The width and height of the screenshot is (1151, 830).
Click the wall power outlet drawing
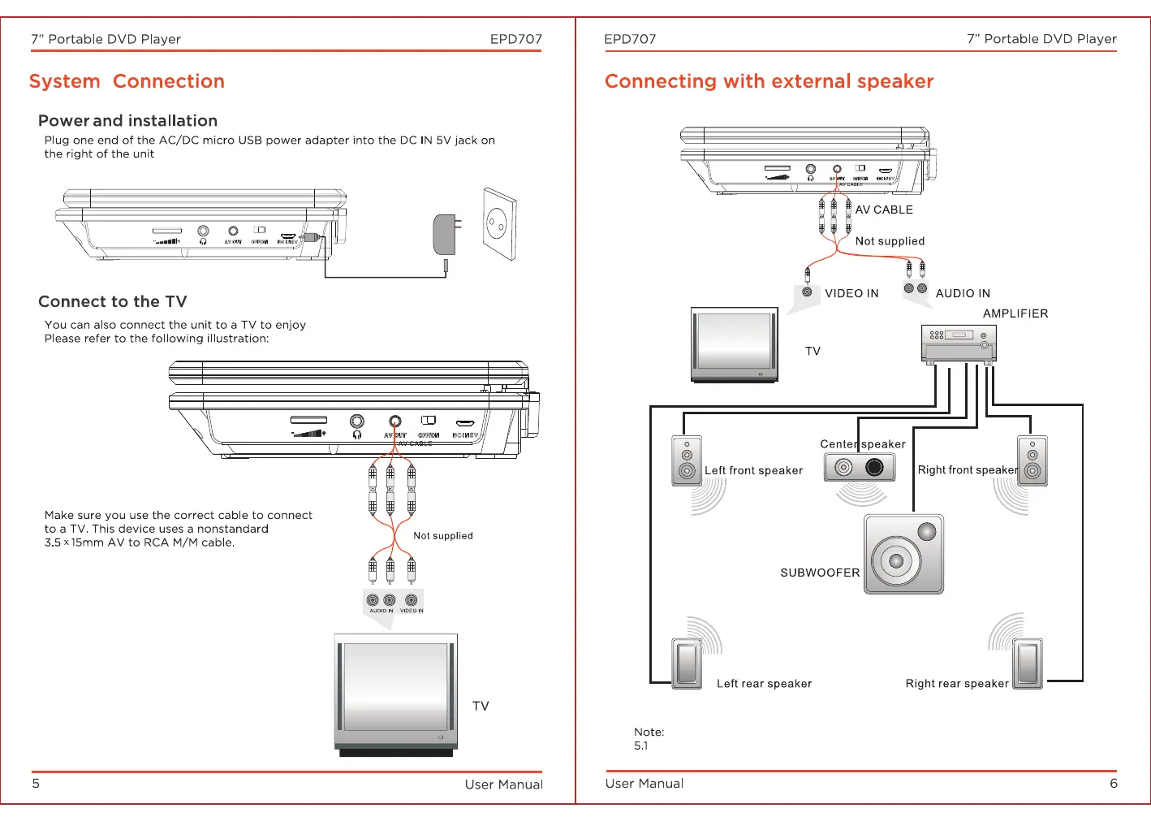click(499, 223)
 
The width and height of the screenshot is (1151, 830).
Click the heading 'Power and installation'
click(127, 121)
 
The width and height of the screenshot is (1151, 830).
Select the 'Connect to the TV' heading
click(113, 302)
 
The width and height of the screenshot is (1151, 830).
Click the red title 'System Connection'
click(127, 82)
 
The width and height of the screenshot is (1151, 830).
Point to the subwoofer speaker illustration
click(903, 554)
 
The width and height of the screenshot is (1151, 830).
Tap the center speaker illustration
click(860, 467)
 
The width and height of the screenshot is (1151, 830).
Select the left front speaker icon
click(687, 460)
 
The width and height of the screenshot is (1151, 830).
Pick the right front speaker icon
click(1032, 460)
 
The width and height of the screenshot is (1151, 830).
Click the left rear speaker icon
click(687, 663)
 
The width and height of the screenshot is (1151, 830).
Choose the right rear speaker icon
click(1028, 663)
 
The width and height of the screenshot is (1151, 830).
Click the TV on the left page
click(396, 694)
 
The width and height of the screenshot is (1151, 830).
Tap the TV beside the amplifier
click(735, 344)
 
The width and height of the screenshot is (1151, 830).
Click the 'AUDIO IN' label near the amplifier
click(963, 294)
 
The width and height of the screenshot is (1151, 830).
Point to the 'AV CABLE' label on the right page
click(884, 210)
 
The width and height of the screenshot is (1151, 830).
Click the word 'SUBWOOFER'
click(820, 573)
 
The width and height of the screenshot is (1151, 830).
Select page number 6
click(1114, 784)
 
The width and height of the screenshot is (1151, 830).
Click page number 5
click(36, 784)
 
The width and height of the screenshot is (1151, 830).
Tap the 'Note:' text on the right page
click(649, 733)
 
